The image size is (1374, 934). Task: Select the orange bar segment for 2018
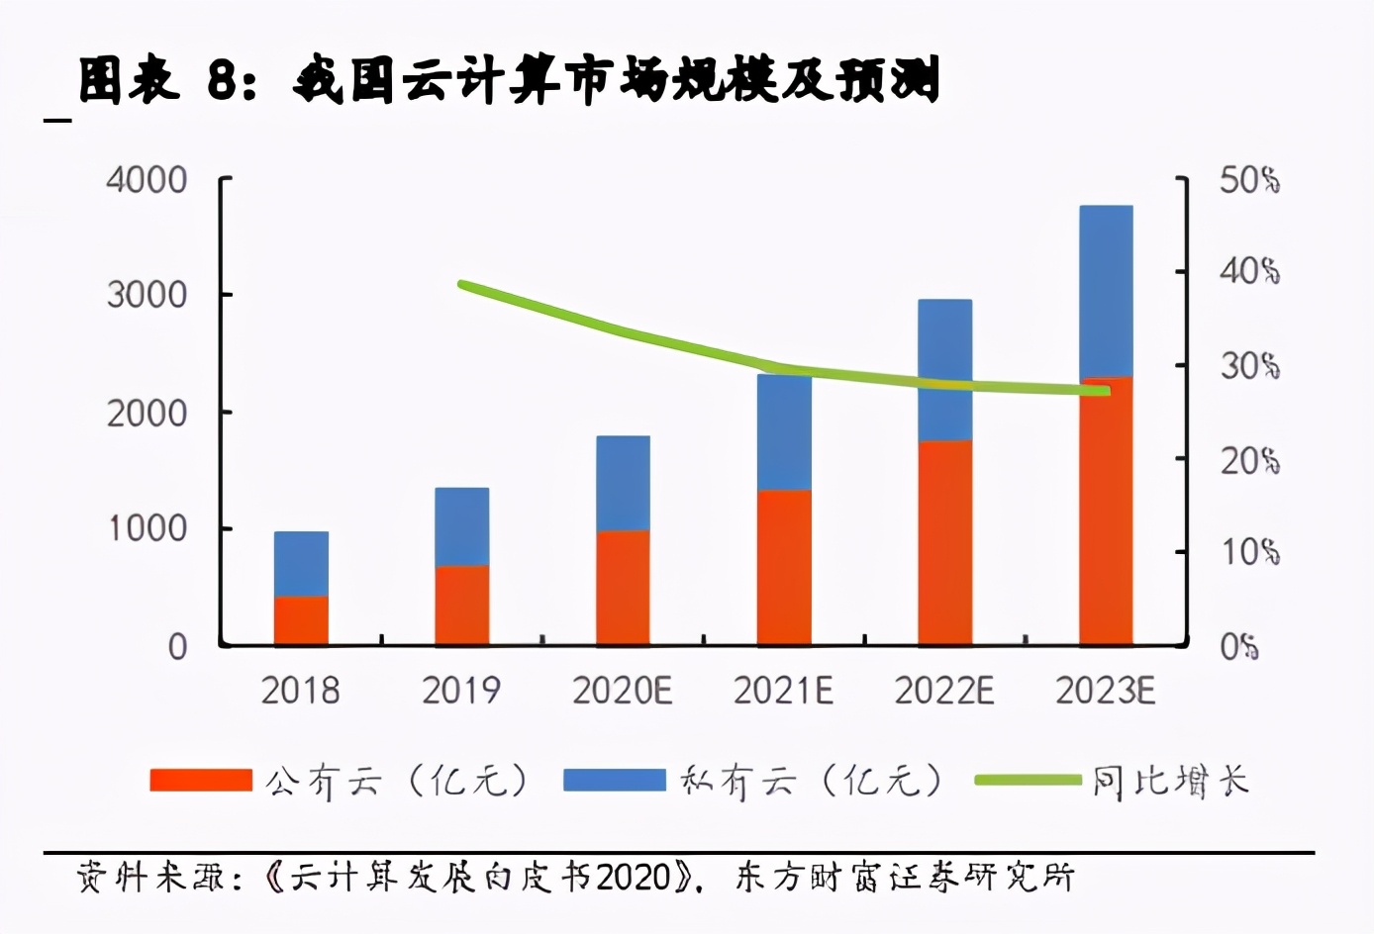(301, 620)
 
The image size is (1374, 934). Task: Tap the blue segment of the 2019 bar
(461, 525)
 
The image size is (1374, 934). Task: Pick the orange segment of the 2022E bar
(944, 542)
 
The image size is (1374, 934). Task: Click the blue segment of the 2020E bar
(623, 483)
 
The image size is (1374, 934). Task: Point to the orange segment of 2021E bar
(784, 567)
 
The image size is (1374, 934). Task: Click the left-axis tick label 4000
(147, 180)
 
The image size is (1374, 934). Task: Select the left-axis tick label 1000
(147, 528)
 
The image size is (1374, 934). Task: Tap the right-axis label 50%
(1248, 180)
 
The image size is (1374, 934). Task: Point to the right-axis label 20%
(1248, 460)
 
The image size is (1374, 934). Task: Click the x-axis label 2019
(461, 691)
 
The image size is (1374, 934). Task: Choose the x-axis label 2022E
(944, 691)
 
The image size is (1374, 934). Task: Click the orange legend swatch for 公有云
(201, 781)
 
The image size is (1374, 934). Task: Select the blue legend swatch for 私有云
(614, 781)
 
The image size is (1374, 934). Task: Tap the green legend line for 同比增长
(1028, 781)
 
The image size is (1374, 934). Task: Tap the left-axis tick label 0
(177, 647)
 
